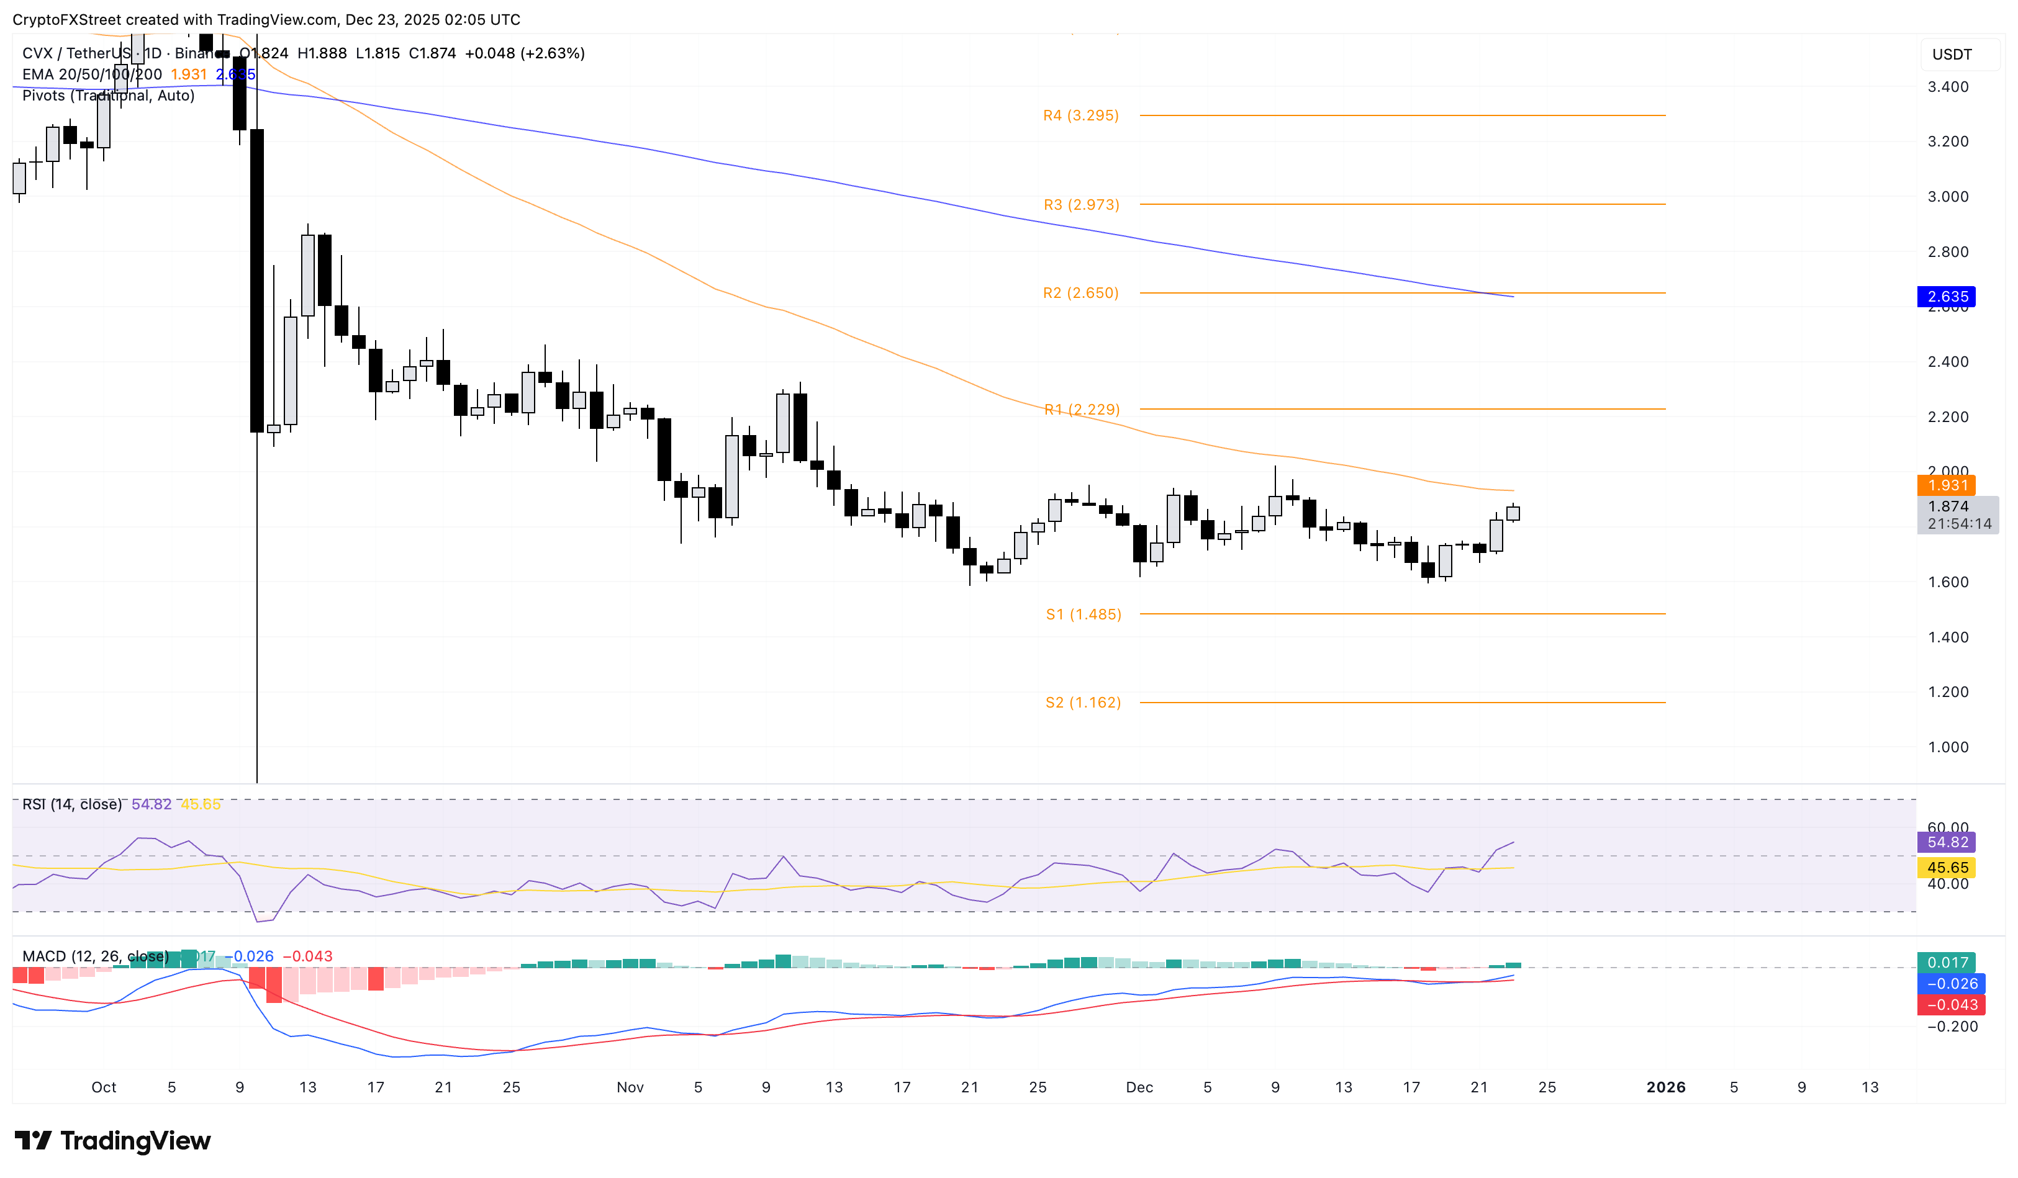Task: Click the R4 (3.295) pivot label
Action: [x=1080, y=115]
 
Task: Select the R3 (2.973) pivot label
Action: [x=1081, y=205]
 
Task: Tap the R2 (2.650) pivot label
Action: [x=1080, y=293]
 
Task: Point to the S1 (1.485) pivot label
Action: [x=1083, y=614]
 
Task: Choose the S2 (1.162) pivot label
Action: [x=1083, y=703]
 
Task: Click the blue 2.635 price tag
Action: [x=1947, y=297]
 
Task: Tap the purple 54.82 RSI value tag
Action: [x=1947, y=842]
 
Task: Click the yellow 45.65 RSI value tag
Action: [x=1947, y=868]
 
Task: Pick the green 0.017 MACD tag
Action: [x=1947, y=963]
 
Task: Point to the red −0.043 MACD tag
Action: [x=1947, y=1004]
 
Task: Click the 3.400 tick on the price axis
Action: [x=1948, y=86]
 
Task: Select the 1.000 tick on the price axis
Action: [x=1948, y=747]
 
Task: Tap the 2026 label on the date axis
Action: [x=1666, y=1087]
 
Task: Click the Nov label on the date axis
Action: [x=630, y=1087]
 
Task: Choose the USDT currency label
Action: [x=1952, y=55]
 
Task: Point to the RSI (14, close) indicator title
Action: [x=72, y=804]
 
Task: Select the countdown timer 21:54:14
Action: [x=1959, y=524]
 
